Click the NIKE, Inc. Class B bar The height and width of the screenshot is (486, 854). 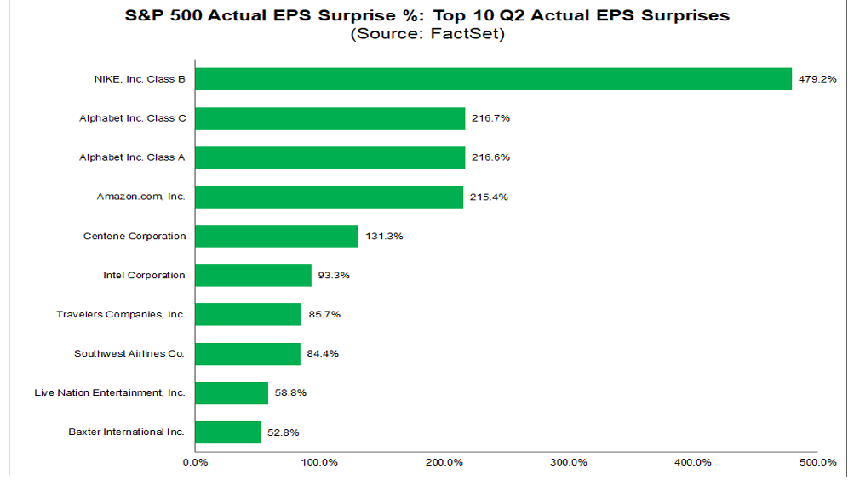click(494, 79)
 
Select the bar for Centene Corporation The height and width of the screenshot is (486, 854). click(277, 237)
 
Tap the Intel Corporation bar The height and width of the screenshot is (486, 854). click(253, 276)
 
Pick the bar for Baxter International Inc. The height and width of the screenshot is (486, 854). click(227, 432)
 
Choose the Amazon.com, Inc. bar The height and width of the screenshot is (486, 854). click(329, 197)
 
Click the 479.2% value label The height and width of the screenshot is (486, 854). click(817, 79)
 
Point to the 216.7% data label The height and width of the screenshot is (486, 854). click(490, 118)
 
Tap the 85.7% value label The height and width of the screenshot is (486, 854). click(324, 315)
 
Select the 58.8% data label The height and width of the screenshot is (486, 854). click(291, 393)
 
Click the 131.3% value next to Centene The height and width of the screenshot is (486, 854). click(385, 237)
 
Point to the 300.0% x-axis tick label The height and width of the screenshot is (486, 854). click(569, 463)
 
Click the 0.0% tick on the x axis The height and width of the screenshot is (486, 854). click(196, 463)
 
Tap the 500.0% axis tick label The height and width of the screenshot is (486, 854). click(817, 463)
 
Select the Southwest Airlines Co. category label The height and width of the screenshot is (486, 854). click(129, 354)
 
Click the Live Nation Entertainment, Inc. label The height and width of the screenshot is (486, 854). click(110, 393)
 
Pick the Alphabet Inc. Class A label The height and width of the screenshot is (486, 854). click(132, 157)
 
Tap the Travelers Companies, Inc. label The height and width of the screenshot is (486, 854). click(121, 315)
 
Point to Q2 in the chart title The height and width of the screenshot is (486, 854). click(512, 15)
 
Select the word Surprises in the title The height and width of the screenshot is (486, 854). click(685, 16)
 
